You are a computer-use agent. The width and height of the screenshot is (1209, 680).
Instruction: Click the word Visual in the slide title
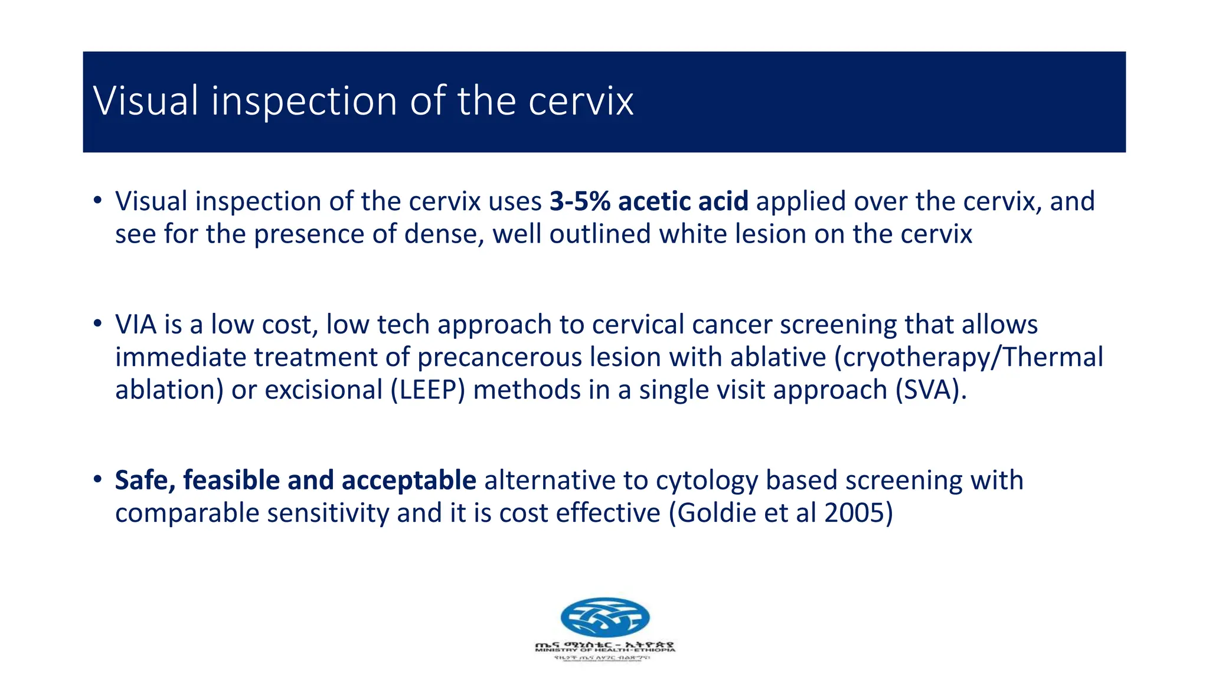point(145,101)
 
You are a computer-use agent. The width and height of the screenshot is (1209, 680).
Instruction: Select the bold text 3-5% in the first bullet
point(580,201)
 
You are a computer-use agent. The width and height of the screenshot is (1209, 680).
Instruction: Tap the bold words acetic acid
point(683,201)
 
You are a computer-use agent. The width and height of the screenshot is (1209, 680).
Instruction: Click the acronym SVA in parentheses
point(929,390)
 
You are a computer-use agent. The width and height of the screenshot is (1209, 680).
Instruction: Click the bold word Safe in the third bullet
point(145,480)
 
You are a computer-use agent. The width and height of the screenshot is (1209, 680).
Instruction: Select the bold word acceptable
point(409,480)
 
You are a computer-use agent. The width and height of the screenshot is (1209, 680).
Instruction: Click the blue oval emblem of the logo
point(604,617)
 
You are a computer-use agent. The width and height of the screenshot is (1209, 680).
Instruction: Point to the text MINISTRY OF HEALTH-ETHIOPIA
point(604,650)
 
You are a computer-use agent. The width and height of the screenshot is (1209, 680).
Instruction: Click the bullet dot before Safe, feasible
point(97,479)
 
